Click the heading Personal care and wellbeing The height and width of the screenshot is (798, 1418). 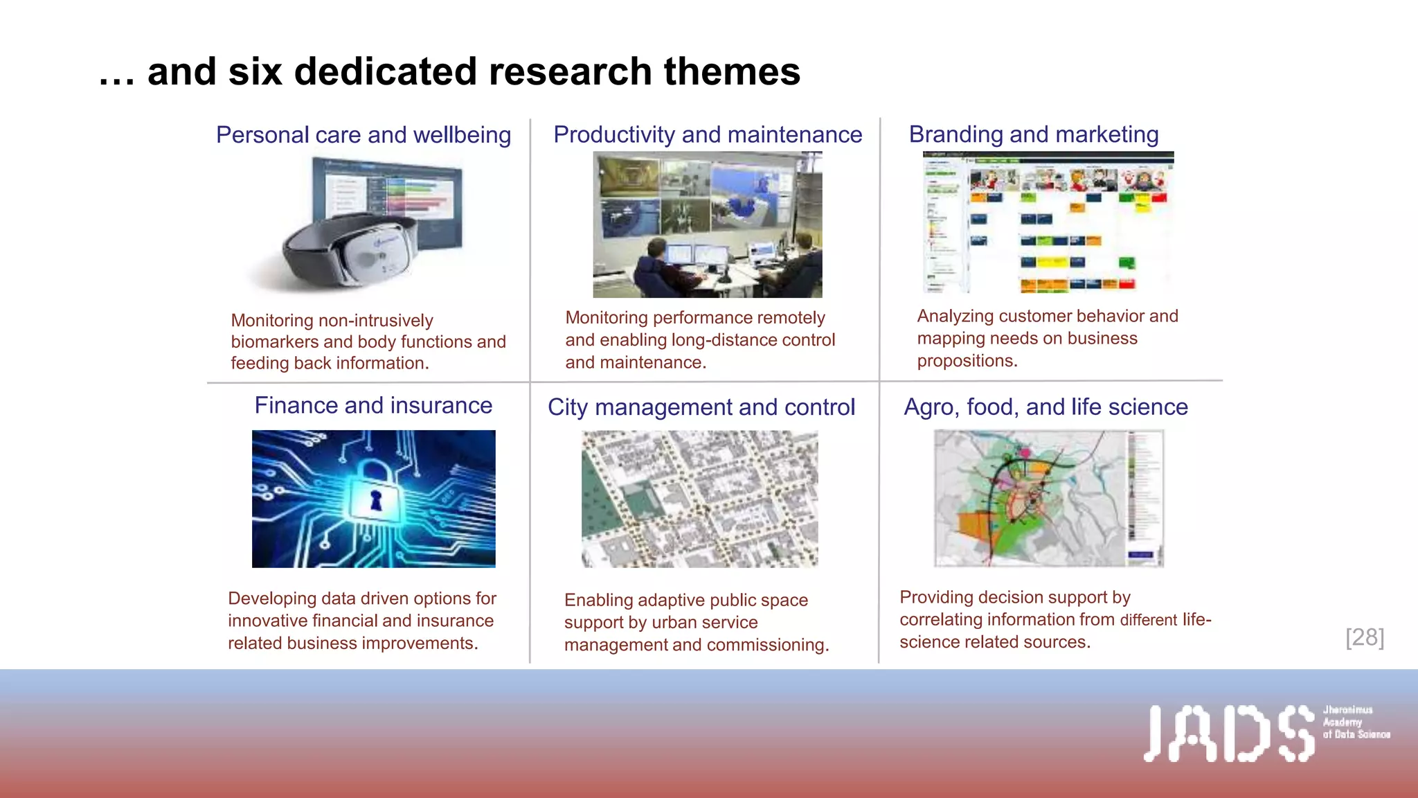364,134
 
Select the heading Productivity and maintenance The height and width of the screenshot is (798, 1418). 708,134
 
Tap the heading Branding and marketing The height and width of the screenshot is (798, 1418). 1033,134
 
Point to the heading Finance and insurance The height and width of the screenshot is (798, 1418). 373,405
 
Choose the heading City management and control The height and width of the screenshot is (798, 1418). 701,407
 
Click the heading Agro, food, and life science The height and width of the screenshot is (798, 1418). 1045,407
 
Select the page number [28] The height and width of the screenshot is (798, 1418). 1365,637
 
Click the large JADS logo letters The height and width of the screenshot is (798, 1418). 1228,734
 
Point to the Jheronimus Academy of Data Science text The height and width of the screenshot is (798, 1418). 1355,722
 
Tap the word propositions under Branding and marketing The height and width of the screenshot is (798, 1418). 967,361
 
